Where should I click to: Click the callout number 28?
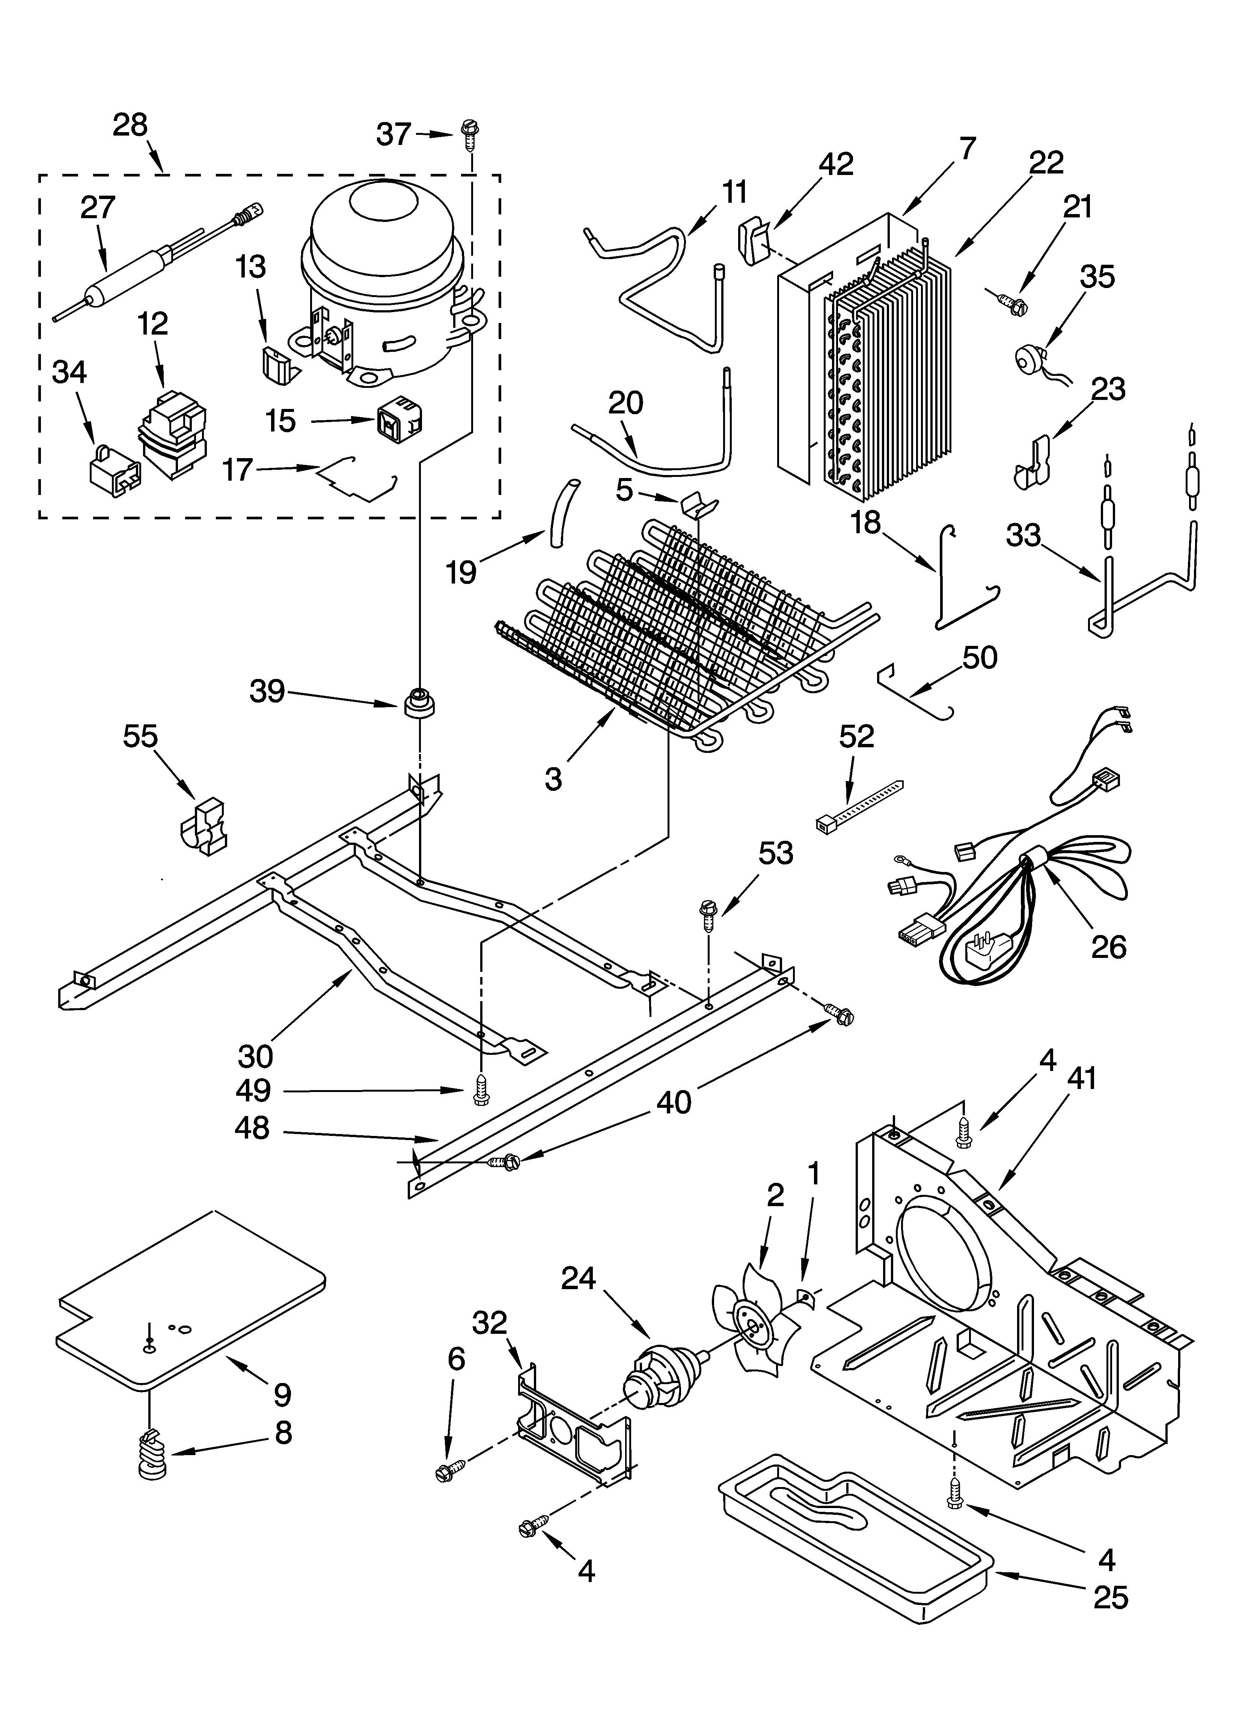click(x=130, y=125)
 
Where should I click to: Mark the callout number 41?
click(x=1082, y=1079)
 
